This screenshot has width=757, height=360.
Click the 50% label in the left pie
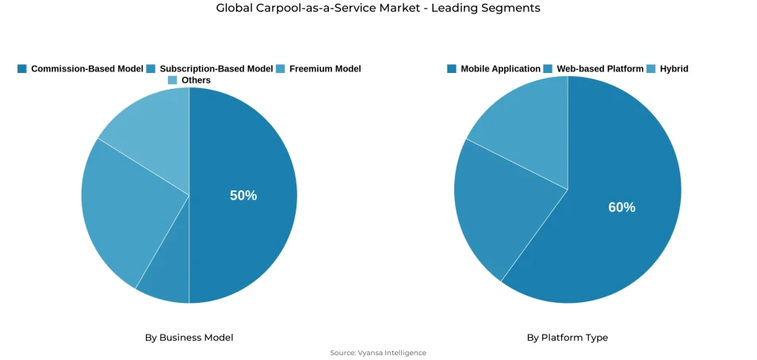pyautogui.click(x=243, y=195)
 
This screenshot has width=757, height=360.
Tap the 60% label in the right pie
pyautogui.click(x=621, y=207)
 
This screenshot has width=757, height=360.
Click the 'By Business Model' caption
pyautogui.click(x=189, y=337)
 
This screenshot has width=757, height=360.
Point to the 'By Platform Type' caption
pyautogui.click(x=567, y=337)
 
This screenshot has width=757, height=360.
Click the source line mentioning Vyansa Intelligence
pyautogui.click(x=378, y=353)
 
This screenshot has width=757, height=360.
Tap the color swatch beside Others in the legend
pyautogui.click(x=172, y=80)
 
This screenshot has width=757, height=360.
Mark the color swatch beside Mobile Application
pyautogui.click(x=452, y=69)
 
